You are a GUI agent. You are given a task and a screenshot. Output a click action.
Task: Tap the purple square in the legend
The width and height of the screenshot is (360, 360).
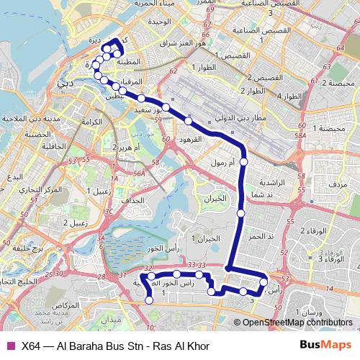(x=9, y=346)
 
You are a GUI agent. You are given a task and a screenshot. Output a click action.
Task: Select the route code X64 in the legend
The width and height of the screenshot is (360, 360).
(x=31, y=346)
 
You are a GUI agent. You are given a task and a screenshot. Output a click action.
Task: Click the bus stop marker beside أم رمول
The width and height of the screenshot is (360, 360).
(x=243, y=163)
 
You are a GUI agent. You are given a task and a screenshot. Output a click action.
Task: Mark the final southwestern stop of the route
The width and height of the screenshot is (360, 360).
(x=150, y=300)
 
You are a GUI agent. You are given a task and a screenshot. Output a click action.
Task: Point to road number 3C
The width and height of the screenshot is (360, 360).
(x=111, y=212)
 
